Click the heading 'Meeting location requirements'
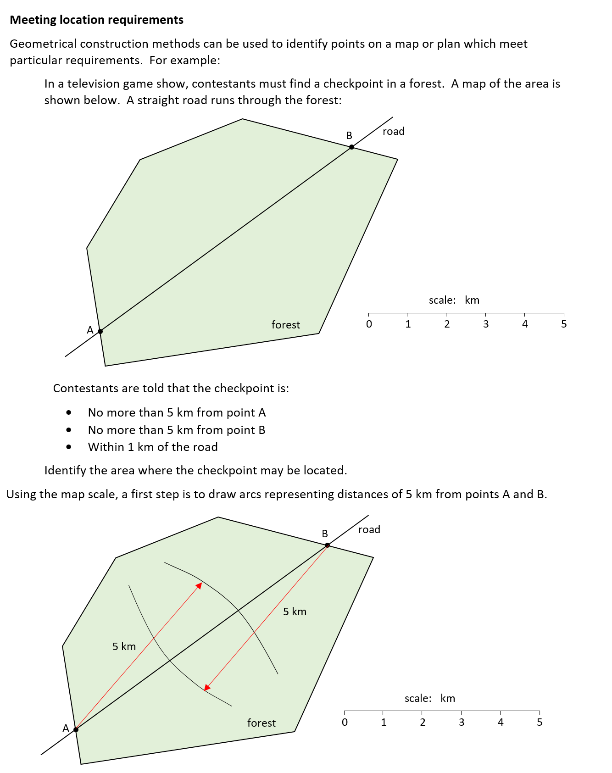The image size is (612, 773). [x=96, y=20]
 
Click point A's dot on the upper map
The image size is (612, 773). [x=100, y=331]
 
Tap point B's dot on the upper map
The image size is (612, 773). [x=351, y=147]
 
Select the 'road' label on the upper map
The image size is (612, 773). [x=393, y=132]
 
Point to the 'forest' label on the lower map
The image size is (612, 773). [x=261, y=723]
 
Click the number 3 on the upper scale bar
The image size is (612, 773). [x=486, y=324]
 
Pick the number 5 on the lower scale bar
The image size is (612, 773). [x=540, y=723]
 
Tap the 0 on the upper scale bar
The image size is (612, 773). [x=369, y=324]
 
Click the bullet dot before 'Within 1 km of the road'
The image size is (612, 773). [x=69, y=447]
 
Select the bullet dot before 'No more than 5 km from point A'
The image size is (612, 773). [x=69, y=412]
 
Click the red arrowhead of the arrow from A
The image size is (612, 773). [x=200, y=585]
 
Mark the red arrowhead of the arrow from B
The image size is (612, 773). [x=206, y=688]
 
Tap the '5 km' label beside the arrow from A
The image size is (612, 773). [x=124, y=646]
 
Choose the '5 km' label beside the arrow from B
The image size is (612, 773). [x=295, y=612]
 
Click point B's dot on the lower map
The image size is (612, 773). [x=327, y=545]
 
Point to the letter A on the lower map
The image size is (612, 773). [x=66, y=728]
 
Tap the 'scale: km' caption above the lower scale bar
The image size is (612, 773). [x=429, y=698]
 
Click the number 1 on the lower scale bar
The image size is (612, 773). [x=384, y=723]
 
